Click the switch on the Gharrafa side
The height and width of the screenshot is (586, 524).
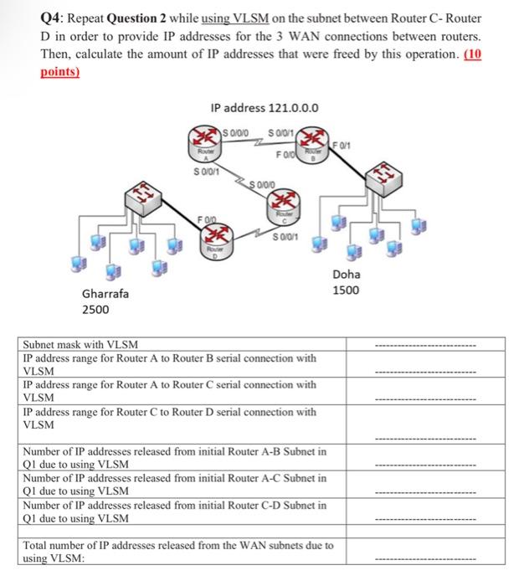pyautogui.click(x=142, y=198)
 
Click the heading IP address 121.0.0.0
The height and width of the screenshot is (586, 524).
pyautogui.click(x=265, y=107)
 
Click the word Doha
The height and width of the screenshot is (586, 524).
pyautogui.click(x=346, y=275)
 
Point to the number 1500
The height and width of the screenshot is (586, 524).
pyautogui.click(x=346, y=290)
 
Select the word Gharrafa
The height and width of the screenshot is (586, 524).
pyautogui.click(x=105, y=294)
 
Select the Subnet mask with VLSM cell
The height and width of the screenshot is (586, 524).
pyautogui.click(x=81, y=343)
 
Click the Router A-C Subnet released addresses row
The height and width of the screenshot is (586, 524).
pyautogui.click(x=174, y=484)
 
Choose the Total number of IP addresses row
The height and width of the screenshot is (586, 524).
pyautogui.click(x=177, y=551)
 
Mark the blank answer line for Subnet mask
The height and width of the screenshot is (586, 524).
pyautogui.click(x=424, y=344)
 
